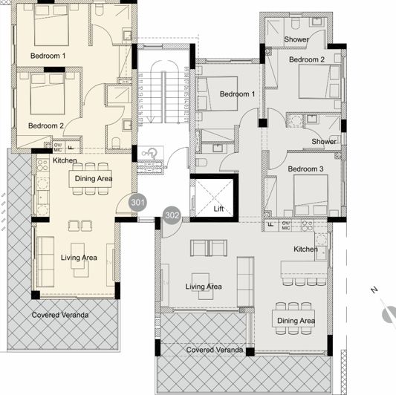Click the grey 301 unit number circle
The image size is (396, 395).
[137, 203]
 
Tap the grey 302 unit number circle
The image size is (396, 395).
[172, 216]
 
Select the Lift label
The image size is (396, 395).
[218, 209]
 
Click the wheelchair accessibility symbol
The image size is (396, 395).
[149, 153]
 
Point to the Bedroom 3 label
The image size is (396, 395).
[305, 169]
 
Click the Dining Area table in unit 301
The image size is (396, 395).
[90, 179]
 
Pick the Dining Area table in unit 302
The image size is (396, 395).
[293, 319]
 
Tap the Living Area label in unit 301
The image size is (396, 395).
[79, 258]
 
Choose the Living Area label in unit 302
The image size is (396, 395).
[204, 287]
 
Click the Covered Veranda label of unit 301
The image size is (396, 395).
[60, 315]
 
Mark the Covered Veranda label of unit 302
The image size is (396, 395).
[215, 350]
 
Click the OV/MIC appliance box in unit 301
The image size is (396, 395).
[58, 148]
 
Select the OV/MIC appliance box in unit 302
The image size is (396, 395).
[286, 226]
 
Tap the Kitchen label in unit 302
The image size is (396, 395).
[305, 249]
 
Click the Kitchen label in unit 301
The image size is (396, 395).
[65, 160]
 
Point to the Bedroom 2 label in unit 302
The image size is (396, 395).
[307, 59]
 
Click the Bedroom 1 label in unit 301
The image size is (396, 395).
[48, 56]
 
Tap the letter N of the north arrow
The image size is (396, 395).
[374, 290]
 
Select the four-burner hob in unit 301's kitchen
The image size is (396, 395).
[42, 165]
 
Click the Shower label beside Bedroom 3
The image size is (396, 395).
[324, 142]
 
